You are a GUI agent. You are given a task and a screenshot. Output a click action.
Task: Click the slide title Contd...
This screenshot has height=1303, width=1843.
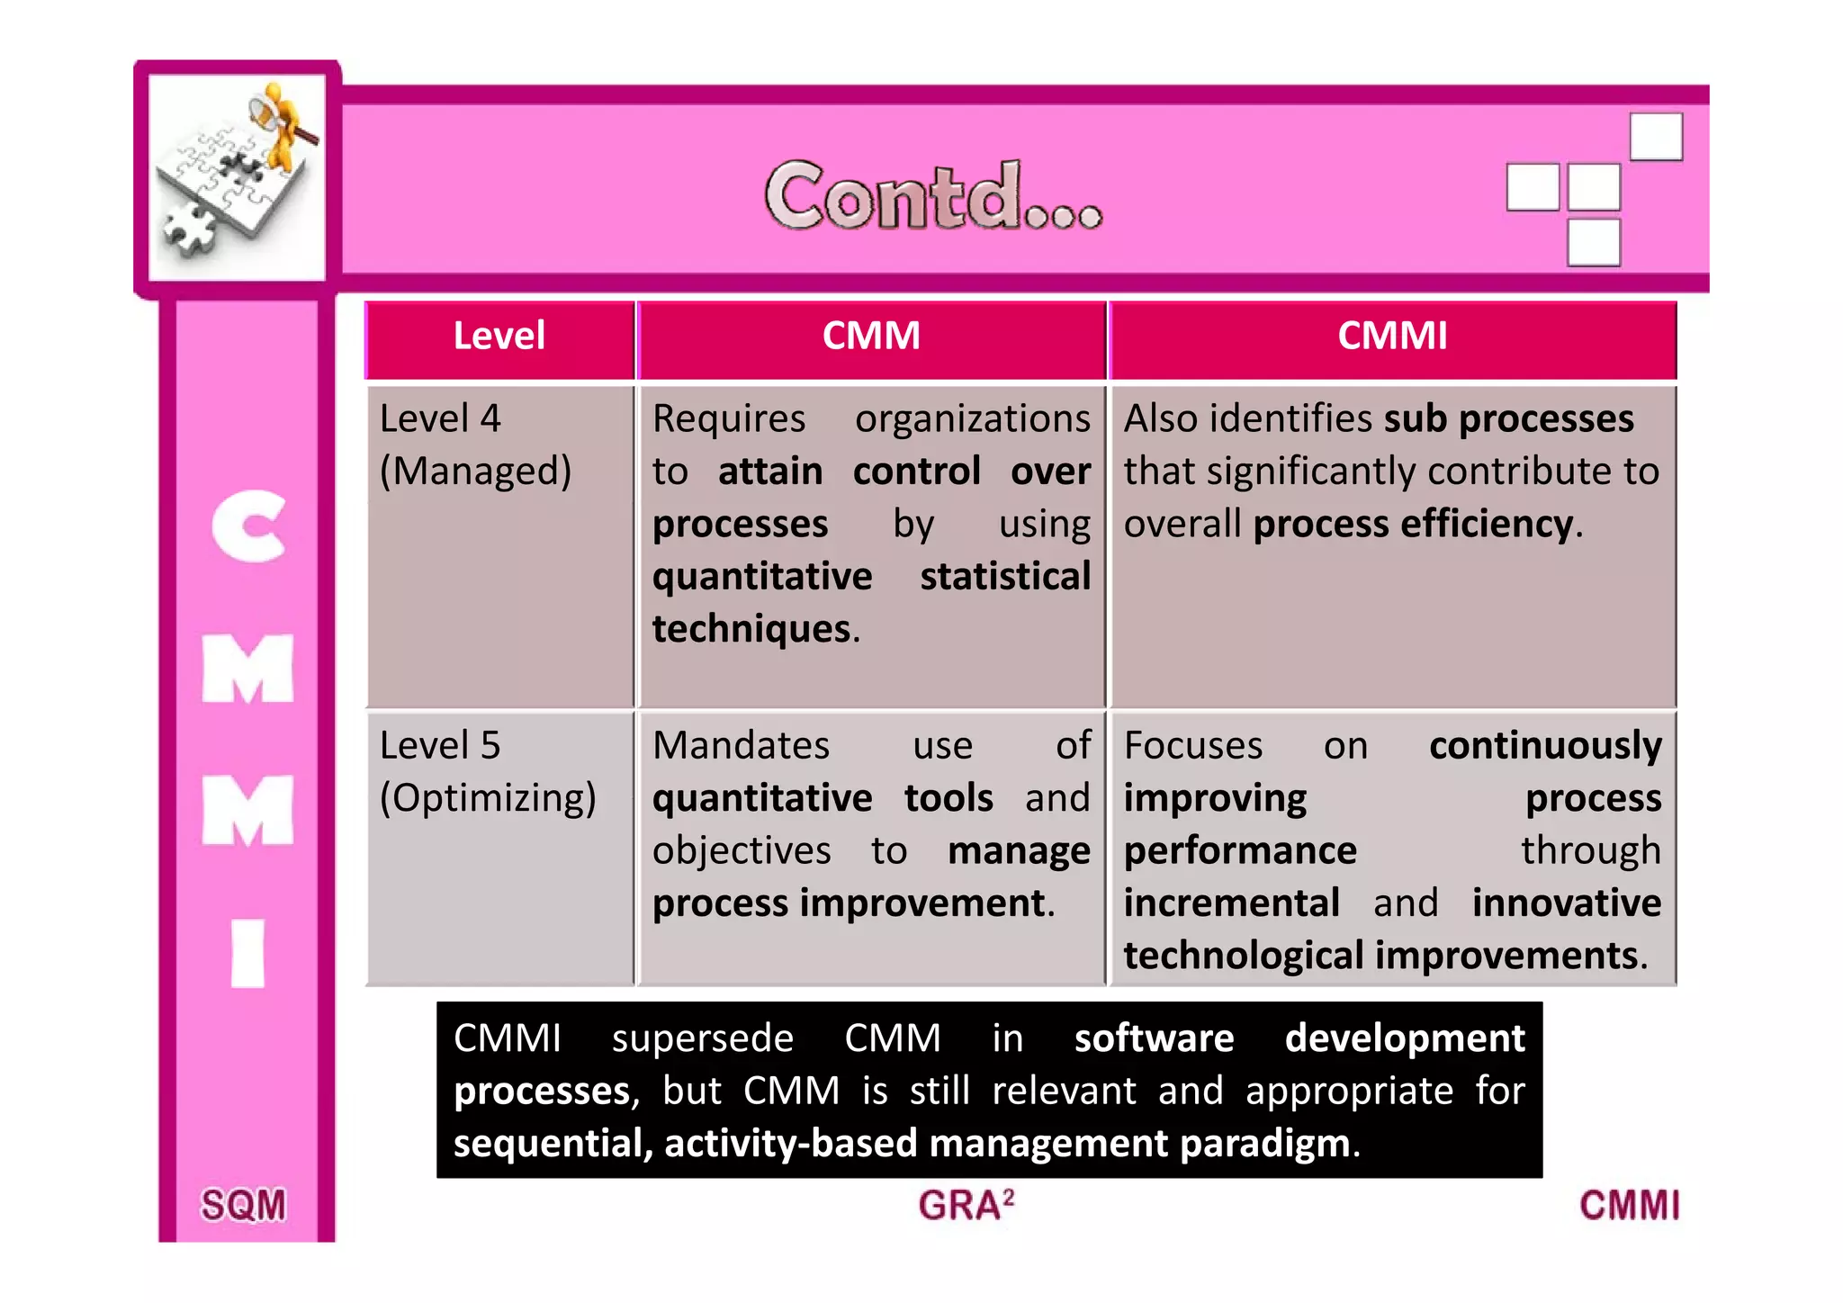[932, 195]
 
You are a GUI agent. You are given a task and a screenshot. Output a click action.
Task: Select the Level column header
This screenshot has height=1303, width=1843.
[499, 336]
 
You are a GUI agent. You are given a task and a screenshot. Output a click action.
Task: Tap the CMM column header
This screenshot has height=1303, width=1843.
[871, 336]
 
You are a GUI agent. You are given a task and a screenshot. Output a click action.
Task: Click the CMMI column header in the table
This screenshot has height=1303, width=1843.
[1392, 336]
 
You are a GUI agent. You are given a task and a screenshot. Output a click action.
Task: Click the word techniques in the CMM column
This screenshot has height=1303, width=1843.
[751, 628]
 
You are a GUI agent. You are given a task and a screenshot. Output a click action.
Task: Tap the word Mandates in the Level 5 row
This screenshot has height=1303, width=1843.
[741, 745]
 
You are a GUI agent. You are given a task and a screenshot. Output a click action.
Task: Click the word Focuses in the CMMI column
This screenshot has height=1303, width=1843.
[1193, 745]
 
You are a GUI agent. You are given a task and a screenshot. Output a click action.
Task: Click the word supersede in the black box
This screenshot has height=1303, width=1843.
[702, 1038]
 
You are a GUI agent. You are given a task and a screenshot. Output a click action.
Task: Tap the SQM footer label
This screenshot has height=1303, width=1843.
[243, 1205]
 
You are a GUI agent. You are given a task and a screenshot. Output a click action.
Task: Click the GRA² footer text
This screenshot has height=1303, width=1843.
[966, 1205]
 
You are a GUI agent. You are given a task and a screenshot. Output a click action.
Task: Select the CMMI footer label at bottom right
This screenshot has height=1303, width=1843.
[1629, 1205]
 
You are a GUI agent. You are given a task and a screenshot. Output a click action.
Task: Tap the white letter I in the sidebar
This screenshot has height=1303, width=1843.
[247, 953]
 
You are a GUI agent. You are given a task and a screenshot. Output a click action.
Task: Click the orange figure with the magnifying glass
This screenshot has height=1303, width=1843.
[283, 126]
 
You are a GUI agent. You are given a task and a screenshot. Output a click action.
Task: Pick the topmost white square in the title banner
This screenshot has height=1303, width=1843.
[1656, 137]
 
